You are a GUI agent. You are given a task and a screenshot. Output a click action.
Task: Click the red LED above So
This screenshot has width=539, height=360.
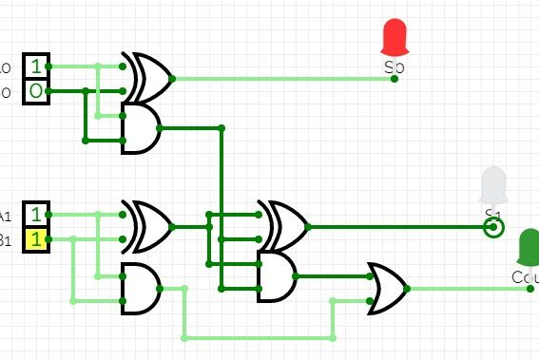coord(394,37)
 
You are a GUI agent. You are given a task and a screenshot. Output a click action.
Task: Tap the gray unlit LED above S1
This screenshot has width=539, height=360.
coord(493,185)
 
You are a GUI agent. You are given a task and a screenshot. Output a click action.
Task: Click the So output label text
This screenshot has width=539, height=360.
coord(395,67)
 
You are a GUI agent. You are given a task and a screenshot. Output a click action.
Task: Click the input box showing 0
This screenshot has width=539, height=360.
coord(35,91)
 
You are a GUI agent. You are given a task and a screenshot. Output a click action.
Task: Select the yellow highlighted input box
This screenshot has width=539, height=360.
coord(35,239)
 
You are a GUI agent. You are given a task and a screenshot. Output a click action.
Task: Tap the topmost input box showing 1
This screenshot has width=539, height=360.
coord(35,66)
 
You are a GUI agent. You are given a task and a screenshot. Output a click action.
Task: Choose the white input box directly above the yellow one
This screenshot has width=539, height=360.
coord(35,214)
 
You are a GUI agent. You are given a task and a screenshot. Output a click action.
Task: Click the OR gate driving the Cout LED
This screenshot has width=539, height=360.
coord(389,288)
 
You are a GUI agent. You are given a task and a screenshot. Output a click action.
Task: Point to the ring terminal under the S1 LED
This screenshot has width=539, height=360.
coord(492,228)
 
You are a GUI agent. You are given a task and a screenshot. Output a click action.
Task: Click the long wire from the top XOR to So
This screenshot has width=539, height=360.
coord(285,79)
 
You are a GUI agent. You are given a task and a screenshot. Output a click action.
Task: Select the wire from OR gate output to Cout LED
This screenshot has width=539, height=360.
coord(466,288)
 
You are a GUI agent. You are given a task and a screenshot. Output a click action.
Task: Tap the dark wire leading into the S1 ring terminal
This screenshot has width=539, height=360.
coord(399,228)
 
